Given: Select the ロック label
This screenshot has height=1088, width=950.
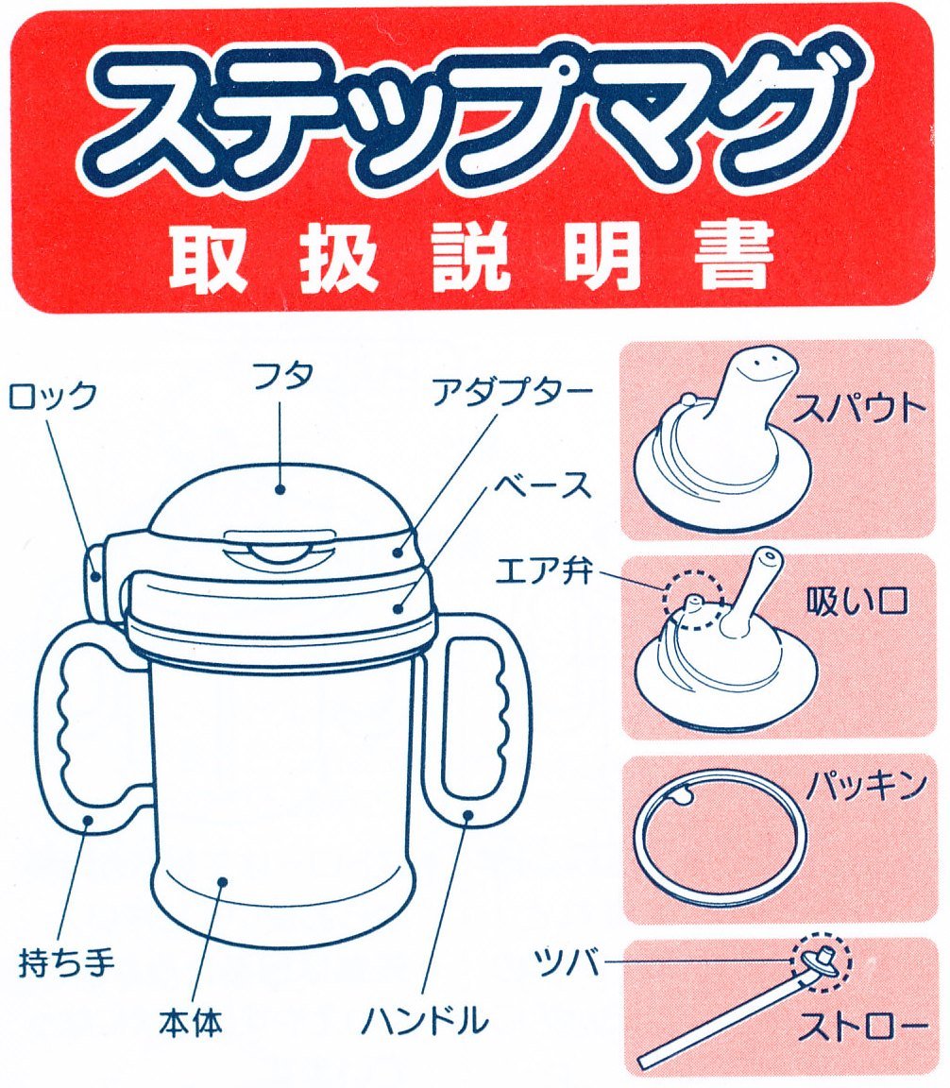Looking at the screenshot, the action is tap(51, 397).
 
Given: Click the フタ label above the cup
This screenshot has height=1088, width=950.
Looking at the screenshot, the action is tap(281, 376).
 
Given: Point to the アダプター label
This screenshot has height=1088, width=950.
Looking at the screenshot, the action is tap(512, 393).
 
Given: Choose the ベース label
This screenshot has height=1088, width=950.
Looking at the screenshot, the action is tap(542, 485).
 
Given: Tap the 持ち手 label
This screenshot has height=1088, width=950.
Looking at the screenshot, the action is tap(67, 963).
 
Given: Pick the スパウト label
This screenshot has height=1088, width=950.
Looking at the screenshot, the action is tap(859, 409).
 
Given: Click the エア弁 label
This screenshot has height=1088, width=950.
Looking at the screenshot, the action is tap(544, 571).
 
